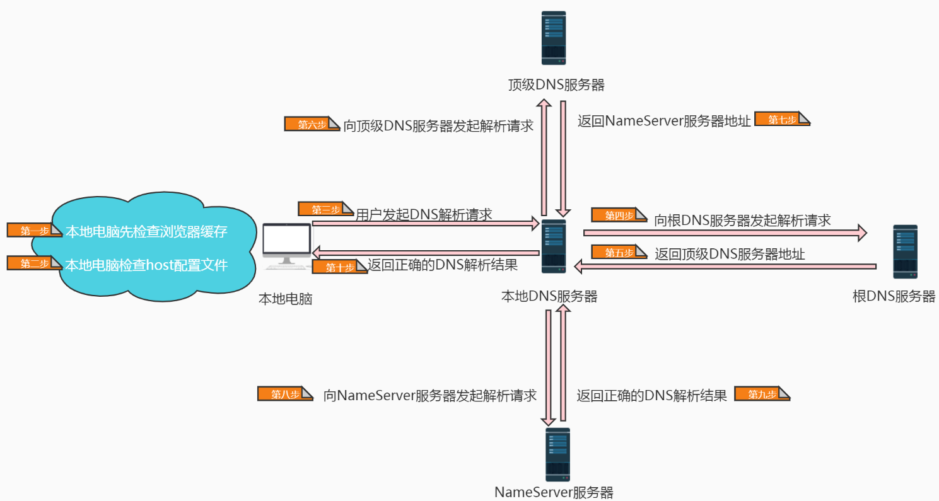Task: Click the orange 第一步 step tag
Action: [x=35, y=230]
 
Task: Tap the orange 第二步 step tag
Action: [x=35, y=263]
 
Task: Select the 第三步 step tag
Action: [x=325, y=209]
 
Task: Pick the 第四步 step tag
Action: [x=619, y=215]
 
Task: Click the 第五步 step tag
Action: [x=619, y=251]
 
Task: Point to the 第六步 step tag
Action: [x=312, y=124]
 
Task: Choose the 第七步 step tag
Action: [x=782, y=119]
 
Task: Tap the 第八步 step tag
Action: [x=285, y=393]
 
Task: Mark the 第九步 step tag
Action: [x=762, y=393]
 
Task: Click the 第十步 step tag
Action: [x=339, y=267]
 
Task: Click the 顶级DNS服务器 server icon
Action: [x=553, y=38]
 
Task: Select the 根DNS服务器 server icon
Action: [x=905, y=251]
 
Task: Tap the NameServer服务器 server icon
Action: [x=557, y=454]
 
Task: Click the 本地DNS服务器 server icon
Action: [x=553, y=246]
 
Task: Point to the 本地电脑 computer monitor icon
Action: [x=287, y=246]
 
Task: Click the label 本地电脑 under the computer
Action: [x=286, y=299]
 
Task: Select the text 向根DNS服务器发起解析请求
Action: [x=742, y=221]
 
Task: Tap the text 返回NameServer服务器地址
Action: [x=664, y=121]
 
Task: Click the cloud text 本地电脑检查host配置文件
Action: [x=146, y=265]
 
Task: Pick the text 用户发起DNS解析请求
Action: [x=424, y=214]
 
